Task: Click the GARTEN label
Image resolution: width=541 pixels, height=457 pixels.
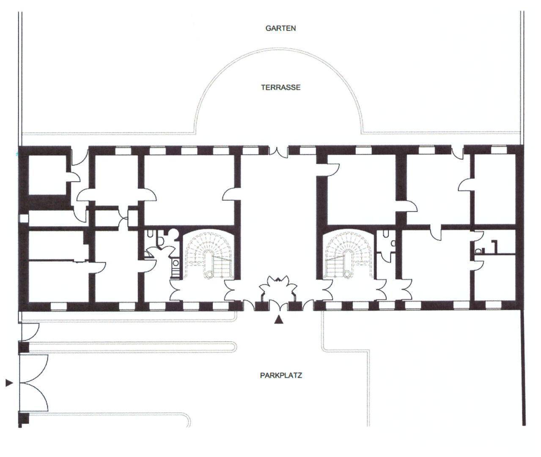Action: click(280, 28)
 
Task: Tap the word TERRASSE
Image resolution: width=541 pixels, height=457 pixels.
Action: click(280, 88)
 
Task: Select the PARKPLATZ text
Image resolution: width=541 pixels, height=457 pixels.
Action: click(280, 375)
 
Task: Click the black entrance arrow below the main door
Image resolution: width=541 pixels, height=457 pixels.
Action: click(278, 320)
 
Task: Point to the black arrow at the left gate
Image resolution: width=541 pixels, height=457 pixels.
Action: click(9, 383)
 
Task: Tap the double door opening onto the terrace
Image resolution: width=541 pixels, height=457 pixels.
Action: click(278, 151)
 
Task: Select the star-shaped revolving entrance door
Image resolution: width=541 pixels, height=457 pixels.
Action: click(277, 288)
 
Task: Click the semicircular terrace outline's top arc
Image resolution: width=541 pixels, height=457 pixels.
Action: click(278, 49)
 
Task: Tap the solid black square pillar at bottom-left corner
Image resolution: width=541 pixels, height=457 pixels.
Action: click(24, 419)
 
